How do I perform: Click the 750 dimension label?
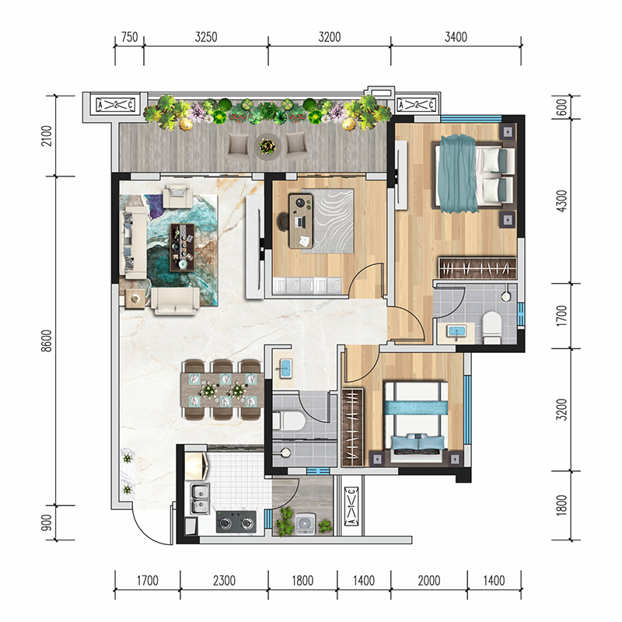click(x=129, y=37)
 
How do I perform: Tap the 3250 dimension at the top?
click(x=206, y=37)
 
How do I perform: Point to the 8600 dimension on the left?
click(x=47, y=341)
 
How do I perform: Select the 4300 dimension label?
click(x=561, y=201)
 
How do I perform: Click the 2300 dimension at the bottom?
click(x=224, y=581)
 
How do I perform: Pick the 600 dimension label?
click(x=561, y=107)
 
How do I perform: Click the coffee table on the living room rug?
click(x=182, y=247)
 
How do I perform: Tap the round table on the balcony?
click(x=267, y=146)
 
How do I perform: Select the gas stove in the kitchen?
click(x=236, y=521)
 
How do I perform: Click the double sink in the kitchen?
click(x=200, y=498)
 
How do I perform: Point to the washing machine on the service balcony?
click(x=305, y=523)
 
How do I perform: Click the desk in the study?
click(x=301, y=222)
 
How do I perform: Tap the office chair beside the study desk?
click(x=283, y=222)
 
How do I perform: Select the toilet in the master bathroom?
click(x=492, y=327)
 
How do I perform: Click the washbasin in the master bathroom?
click(x=456, y=332)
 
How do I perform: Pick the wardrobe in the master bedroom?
click(x=477, y=268)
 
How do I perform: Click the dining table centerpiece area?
click(x=222, y=390)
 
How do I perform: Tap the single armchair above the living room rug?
click(x=178, y=196)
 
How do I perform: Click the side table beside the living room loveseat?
click(x=135, y=299)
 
